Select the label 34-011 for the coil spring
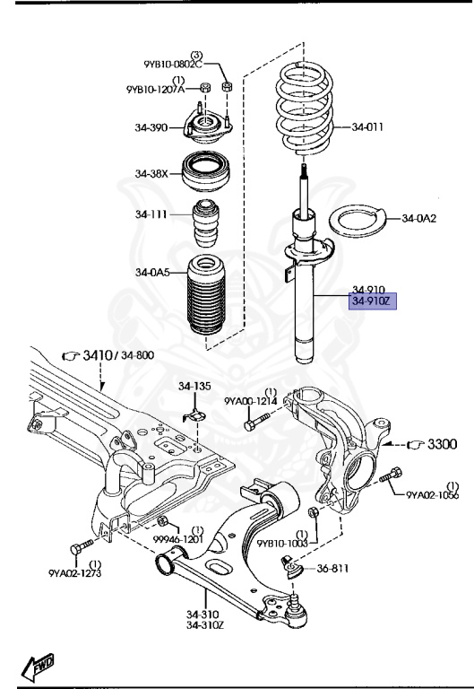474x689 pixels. point(366,127)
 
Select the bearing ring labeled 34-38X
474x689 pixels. point(208,171)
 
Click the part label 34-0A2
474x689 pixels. point(418,217)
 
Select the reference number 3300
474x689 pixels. point(440,443)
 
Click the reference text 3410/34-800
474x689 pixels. point(118,355)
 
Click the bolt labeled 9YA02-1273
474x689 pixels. point(80,545)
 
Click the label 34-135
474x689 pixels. point(194,387)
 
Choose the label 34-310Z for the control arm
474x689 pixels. point(204,625)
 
